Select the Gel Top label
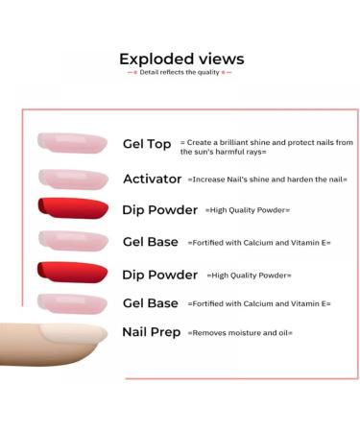click(147, 144)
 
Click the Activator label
click(153, 179)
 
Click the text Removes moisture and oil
click(240, 333)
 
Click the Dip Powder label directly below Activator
click(159, 209)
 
